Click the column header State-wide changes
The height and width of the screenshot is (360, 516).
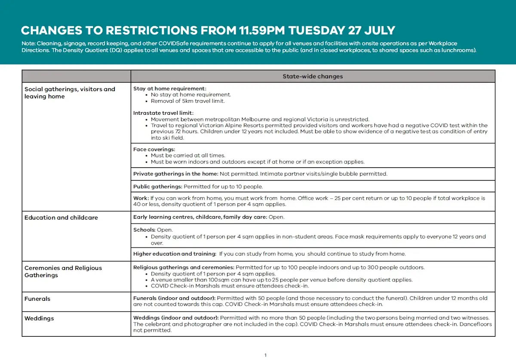pos(313,76)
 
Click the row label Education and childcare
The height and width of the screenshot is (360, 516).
pos(61,217)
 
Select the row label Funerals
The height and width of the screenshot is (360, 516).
pos(37,299)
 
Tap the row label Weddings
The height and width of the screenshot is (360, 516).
pos(39,318)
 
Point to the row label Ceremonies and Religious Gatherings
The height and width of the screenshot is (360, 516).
pos(63,272)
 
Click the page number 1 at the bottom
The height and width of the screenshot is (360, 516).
pos(265,355)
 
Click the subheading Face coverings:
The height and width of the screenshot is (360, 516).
pos(154,149)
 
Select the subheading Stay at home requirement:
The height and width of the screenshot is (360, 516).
pos(169,88)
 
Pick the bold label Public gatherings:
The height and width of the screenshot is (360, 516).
pos(158,186)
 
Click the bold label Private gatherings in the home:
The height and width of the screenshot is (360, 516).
pos(176,174)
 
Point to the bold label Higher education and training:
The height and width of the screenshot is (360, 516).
pos(175,254)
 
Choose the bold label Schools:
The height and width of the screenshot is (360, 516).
pos(144,230)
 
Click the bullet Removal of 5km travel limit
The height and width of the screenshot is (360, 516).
pos(187,101)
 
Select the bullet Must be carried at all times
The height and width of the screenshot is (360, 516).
pos(188,156)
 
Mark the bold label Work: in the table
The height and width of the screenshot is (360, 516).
pos(141,198)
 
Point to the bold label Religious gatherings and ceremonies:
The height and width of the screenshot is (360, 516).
pos(184,267)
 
